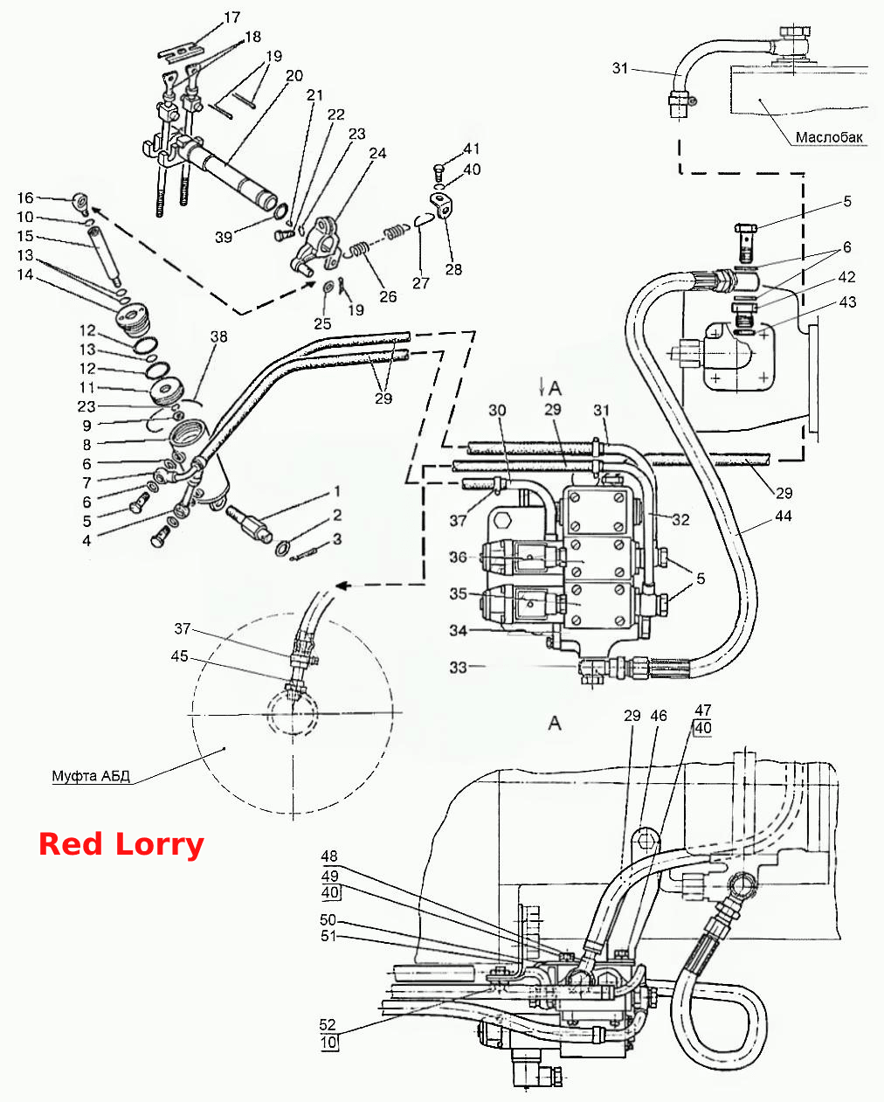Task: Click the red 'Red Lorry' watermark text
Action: tap(121, 844)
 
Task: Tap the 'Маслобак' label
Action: tap(829, 137)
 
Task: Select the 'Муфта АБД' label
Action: tap(91, 776)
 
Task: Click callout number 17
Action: tap(231, 17)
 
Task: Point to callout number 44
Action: tap(784, 516)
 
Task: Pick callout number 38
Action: tap(219, 336)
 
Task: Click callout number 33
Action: tap(458, 668)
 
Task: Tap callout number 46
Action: tap(659, 716)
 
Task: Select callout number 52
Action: tap(328, 1025)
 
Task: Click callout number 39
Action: tap(224, 237)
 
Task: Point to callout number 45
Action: tap(180, 656)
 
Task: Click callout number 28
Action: tap(453, 269)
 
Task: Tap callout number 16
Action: tap(25, 198)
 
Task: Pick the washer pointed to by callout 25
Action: tap(328, 285)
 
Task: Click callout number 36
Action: tap(458, 558)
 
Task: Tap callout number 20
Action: tap(294, 76)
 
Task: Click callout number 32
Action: tap(680, 520)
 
